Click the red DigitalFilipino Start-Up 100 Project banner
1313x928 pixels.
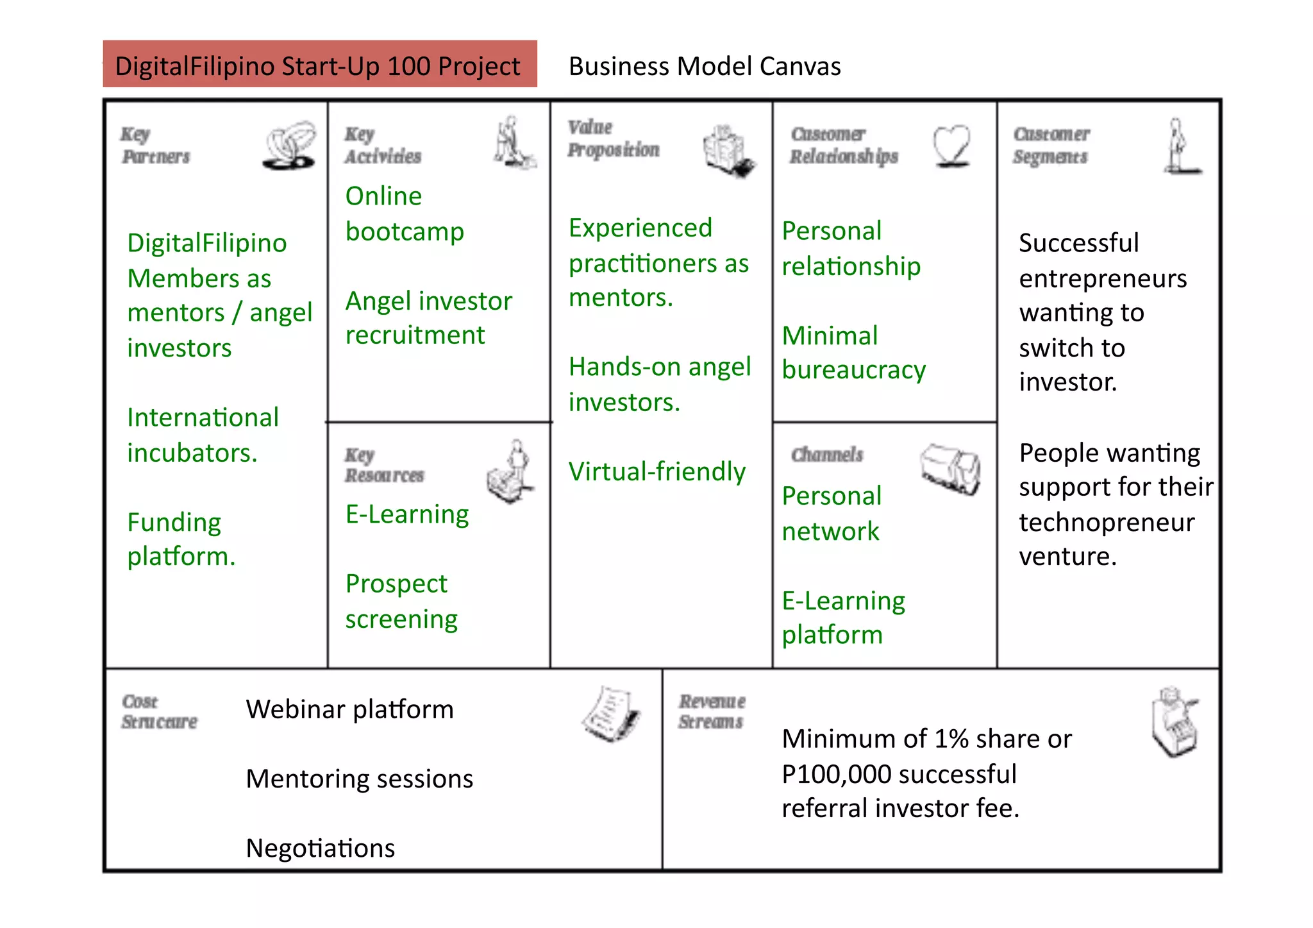pyautogui.click(x=319, y=64)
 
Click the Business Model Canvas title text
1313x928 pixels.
pyautogui.click(x=704, y=67)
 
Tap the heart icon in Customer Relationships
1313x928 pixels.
pyautogui.click(x=951, y=146)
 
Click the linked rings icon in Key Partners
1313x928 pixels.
pyautogui.click(x=290, y=145)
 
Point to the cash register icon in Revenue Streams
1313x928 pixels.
pyautogui.click(x=1174, y=722)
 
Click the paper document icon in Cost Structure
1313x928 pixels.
pyautogui.click(x=611, y=714)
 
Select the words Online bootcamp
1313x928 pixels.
pyautogui.click(x=404, y=214)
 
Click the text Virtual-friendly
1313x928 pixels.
pyautogui.click(x=656, y=471)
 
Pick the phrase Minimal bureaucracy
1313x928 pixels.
pyautogui.click(x=853, y=353)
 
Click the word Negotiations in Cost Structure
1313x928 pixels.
pyautogui.click(x=320, y=848)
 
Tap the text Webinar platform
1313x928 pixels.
pyautogui.click(x=349, y=709)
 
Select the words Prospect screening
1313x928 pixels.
pyautogui.click(x=401, y=601)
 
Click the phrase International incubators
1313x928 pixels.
pyautogui.click(x=203, y=435)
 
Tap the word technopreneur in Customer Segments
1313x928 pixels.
pyautogui.click(x=1107, y=522)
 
